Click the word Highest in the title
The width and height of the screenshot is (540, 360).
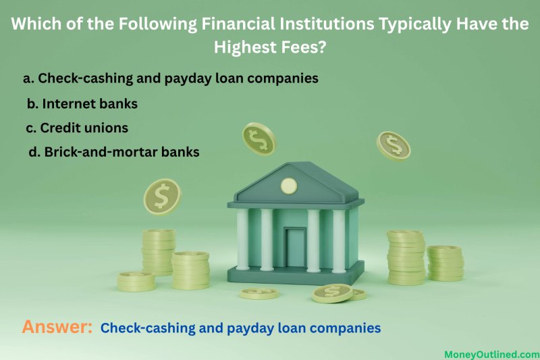point(245,47)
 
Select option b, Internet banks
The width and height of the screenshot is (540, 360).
point(82,104)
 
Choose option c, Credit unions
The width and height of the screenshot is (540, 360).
point(77,128)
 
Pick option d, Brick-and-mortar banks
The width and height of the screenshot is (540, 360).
point(114,152)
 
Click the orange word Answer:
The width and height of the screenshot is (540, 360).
point(57,327)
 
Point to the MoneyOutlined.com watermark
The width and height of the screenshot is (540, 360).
point(492,355)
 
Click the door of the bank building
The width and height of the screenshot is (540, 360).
point(295,248)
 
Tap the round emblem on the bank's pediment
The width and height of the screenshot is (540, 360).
point(289,186)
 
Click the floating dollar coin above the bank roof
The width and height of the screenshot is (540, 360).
point(259,139)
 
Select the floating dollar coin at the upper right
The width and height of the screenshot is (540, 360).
point(394,147)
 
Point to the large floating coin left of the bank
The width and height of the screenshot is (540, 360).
point(162,197)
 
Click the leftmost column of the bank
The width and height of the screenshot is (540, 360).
point(242,239)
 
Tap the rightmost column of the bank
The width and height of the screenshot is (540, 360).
point(339,241)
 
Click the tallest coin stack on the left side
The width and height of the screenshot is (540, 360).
point(159,252)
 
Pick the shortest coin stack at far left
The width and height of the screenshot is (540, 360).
point(136,282)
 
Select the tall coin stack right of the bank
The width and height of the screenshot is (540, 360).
point(406,257)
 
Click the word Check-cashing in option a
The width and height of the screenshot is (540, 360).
point(86,78)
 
